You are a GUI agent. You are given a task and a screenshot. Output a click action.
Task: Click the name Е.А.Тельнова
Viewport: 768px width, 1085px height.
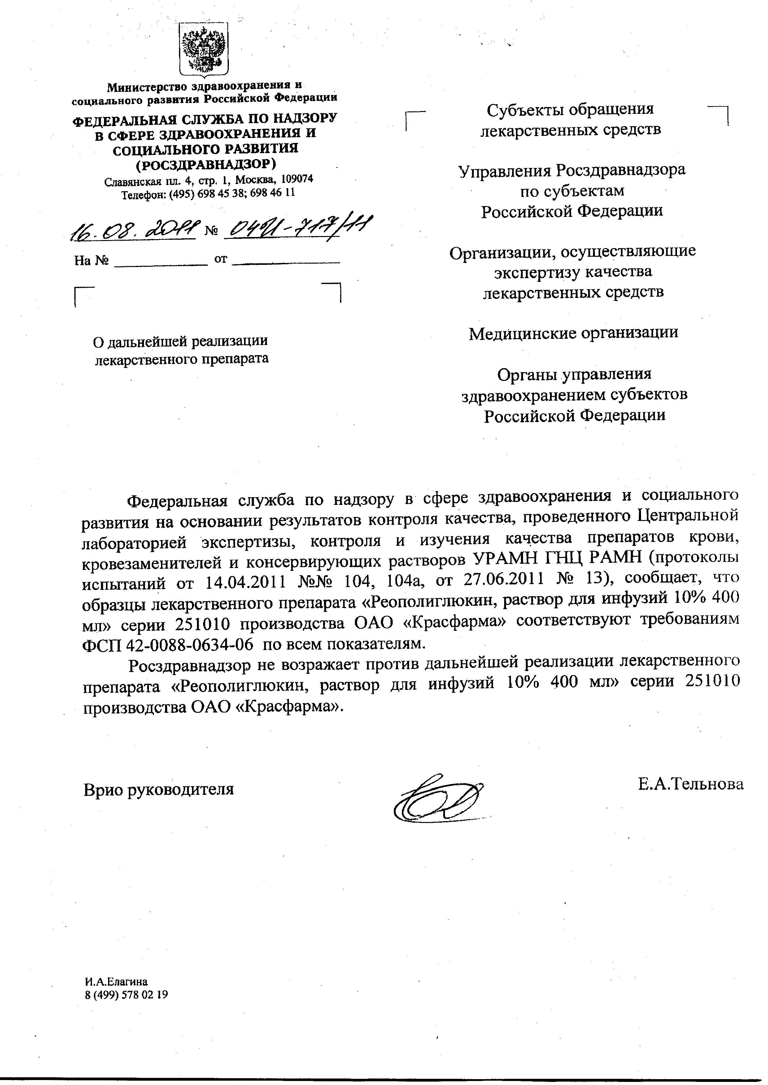coord(690,785)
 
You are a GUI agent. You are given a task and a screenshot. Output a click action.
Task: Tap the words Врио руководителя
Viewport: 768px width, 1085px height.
coord(159,790)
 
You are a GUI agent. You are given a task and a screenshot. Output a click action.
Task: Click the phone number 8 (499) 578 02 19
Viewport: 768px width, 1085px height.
coord(126,995)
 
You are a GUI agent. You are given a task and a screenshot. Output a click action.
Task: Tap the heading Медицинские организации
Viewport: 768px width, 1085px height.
coord(573,333)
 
